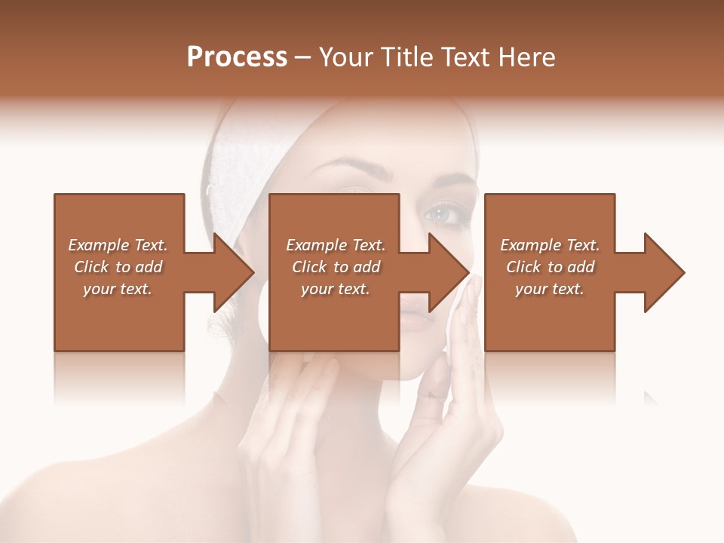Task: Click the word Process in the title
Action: pyautogui.click(x=237, y=57)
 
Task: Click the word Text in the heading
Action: pyautogui.click(x=465, y=57)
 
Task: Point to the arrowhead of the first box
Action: pyautogui.click(x=235, y=272)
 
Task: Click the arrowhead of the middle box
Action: pyautogui.click(x=449, y=272)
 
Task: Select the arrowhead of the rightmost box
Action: pyautogui.click(x=664, y=272)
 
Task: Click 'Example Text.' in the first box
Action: pyautogui.click(x=118, y=245)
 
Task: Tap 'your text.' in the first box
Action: pyautogui.click(x=118, y=289)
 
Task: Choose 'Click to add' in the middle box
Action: pyautogui.click(x=336, y=267)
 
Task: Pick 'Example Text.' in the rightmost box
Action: pyautogui.click(x=550, y=245)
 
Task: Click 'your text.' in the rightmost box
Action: pyautogui.click(x=550, y=289)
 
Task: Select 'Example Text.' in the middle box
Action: pyautogui.click(x=336, y=245)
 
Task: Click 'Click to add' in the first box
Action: pyautogui.click(x=118, y=267)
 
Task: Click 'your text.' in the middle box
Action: pyautogui.click(x=336, y=289)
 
